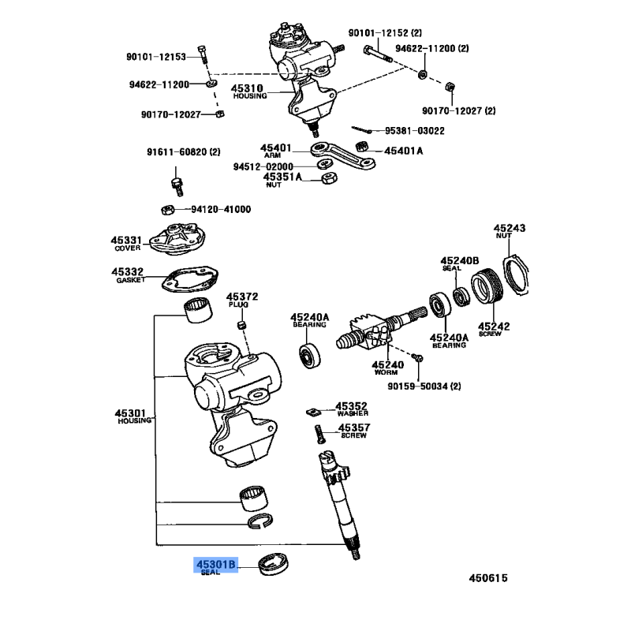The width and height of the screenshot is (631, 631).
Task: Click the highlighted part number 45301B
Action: pos(215,565)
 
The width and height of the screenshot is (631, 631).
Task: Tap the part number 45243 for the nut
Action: pos(510,228)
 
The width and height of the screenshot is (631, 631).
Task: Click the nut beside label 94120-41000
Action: pos(166,210)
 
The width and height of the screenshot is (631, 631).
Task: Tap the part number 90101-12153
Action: pos(156,57)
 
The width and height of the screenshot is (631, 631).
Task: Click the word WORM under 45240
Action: pos(387,373)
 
